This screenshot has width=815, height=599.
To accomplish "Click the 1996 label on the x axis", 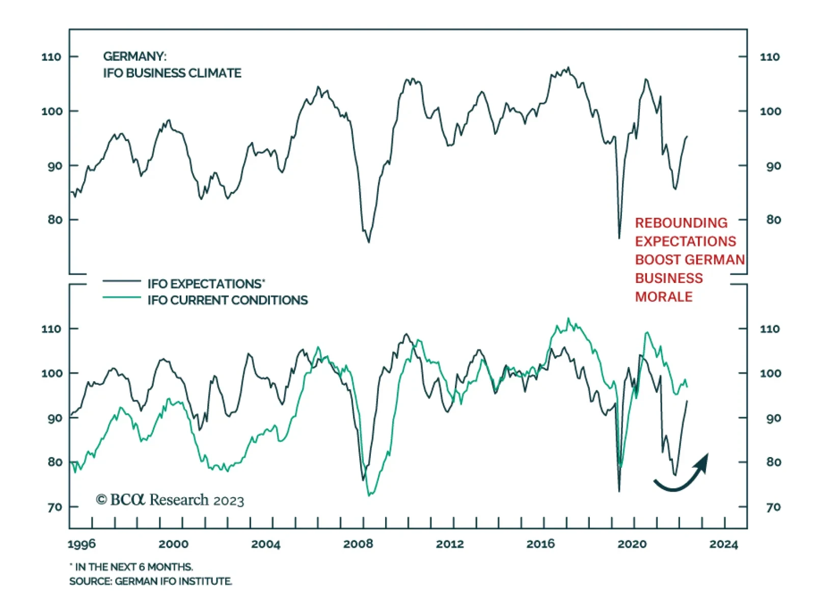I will [x=81, y=544].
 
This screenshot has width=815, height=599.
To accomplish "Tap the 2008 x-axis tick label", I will [x=358, y=544].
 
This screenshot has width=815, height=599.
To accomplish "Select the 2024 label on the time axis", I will [x=723, y=544].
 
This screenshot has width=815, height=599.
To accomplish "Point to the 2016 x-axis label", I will [x=540, y=544].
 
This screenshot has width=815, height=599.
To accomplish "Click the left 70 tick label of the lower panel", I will [x=55, y=507].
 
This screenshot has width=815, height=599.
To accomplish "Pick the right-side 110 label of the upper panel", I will [x=770, y=56].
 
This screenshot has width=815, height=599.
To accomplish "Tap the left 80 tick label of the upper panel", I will [x=55, y=220].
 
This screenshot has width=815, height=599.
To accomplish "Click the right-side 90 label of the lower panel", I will [x=773, y=418].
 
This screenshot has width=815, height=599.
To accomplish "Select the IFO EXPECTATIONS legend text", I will [x=206, y=283].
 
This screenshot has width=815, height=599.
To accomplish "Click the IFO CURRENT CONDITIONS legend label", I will [x=228, y=300].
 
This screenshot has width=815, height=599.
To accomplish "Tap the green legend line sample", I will [x=122, y=297].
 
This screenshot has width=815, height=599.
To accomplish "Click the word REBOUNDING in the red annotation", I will [x=681, y=223].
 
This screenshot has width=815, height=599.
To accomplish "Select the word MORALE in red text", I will [x=664, y=297].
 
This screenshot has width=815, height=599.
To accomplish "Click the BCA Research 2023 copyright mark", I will [x=170, y=500].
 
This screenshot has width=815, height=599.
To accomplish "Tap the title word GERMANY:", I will [x=134, y=56].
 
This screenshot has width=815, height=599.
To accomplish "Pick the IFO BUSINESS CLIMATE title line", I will [x=172, y=73].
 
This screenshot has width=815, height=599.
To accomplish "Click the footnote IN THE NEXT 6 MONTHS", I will [x=131, y=566].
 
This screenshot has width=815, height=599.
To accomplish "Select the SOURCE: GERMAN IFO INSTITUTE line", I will [x=150, y=581].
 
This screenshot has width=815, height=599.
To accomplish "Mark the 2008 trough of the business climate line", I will [x=368, y=241].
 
